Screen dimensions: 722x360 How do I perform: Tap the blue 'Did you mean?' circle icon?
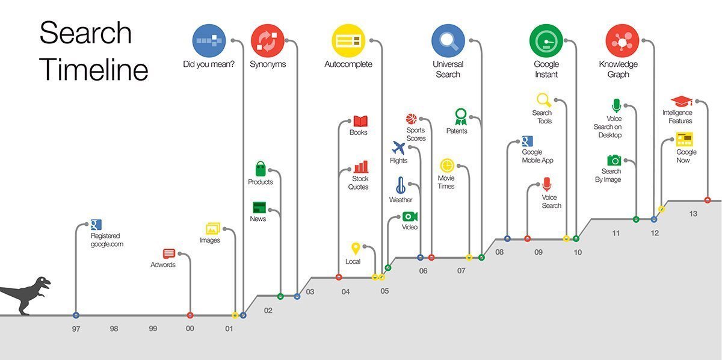[x=208, y=40]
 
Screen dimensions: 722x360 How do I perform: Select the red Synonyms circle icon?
[x=267, y=40]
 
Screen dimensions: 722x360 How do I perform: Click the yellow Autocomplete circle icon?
[x=348, y=40]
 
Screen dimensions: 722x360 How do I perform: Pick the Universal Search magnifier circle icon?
[x=448, y=40]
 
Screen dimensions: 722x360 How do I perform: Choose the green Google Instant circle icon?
[x=546, y=40]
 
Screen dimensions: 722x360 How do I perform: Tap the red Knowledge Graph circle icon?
[x=622, y=40]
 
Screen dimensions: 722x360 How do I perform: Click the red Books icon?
[x=360, y=121]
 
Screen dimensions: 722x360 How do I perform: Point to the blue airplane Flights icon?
[x=398, y=147]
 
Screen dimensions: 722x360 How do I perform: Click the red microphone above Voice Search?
[x=546, y=184]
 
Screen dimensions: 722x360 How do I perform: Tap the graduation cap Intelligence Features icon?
[x=681, y=101]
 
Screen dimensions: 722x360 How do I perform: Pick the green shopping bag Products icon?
[x=261, y=169]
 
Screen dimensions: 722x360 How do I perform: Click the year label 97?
[x=75, y=329]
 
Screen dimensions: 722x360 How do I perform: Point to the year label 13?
[x=693, y=213]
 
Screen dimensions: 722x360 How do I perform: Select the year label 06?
[x=423, y=271]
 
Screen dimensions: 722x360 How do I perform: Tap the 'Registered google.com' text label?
[x=106, y=240]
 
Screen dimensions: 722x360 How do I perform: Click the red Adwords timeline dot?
[x=190, y=315]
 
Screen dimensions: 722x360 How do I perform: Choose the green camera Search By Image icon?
[x=614, y=160]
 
